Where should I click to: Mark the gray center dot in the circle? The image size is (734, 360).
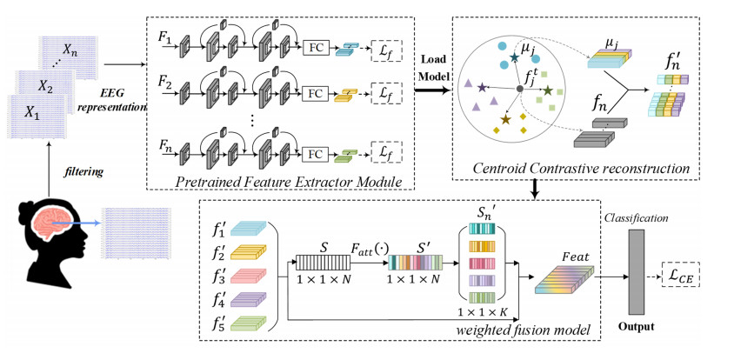[x=519, y=88]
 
